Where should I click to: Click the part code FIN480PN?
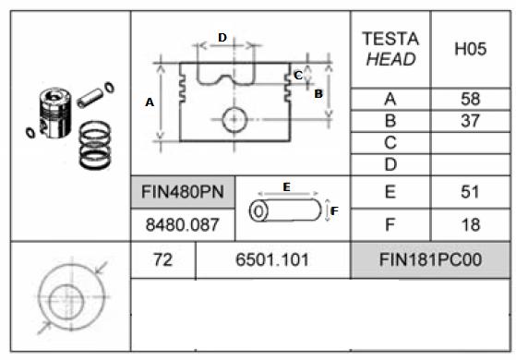183,192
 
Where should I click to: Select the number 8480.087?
183,225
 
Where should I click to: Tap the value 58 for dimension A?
470,99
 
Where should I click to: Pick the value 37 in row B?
470,121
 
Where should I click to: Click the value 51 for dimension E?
470,192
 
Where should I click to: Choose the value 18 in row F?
471,225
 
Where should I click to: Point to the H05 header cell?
470,49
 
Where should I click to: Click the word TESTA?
390,39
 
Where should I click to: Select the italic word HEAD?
390,60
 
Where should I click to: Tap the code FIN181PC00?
430,259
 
